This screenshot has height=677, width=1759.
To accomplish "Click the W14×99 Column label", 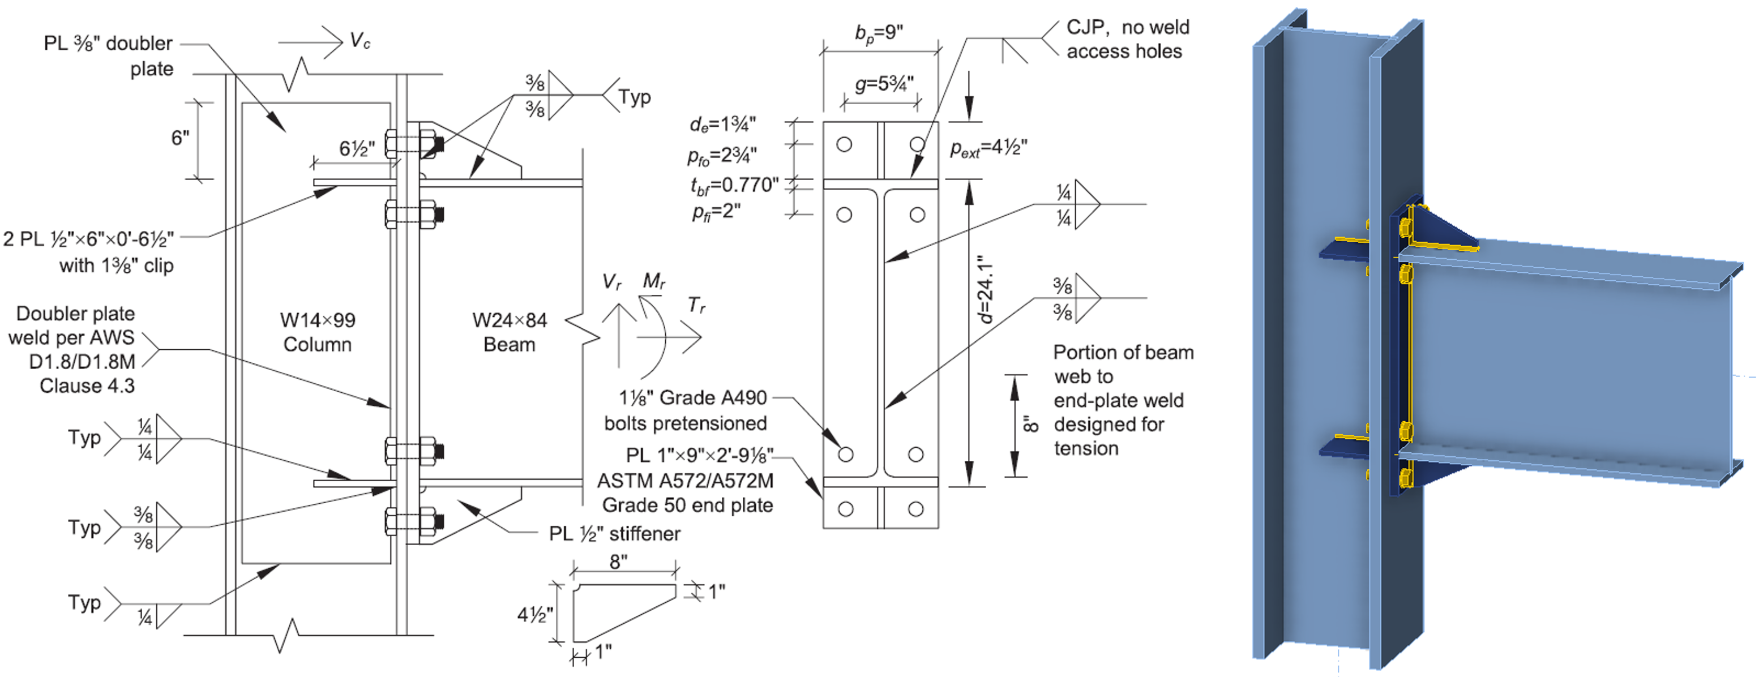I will click(318, 332).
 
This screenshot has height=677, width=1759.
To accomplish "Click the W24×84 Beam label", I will click(510, 332).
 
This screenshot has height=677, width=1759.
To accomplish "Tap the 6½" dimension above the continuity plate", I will click(357, 149).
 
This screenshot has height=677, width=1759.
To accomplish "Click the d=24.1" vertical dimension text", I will click(985, 289).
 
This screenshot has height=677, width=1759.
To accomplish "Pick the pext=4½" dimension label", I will click(988, 149).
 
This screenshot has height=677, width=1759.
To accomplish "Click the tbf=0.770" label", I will click(734, 185).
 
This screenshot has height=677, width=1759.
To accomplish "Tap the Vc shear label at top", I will click(360, 41).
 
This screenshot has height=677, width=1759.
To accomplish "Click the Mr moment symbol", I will click(653, 281).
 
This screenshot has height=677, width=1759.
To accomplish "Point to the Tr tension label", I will click(696, 305).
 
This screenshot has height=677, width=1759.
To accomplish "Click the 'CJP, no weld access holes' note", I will click(1127, 39).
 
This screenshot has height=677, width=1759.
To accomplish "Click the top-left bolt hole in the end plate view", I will click(845, 145).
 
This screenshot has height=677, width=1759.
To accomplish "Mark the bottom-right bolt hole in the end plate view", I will click(915, 509).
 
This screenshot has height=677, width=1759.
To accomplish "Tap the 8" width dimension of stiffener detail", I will click(619, 562).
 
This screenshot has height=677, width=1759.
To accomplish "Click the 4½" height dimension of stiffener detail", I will click(534, 615).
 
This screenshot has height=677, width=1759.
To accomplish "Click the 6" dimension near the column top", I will click(179, 138).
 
